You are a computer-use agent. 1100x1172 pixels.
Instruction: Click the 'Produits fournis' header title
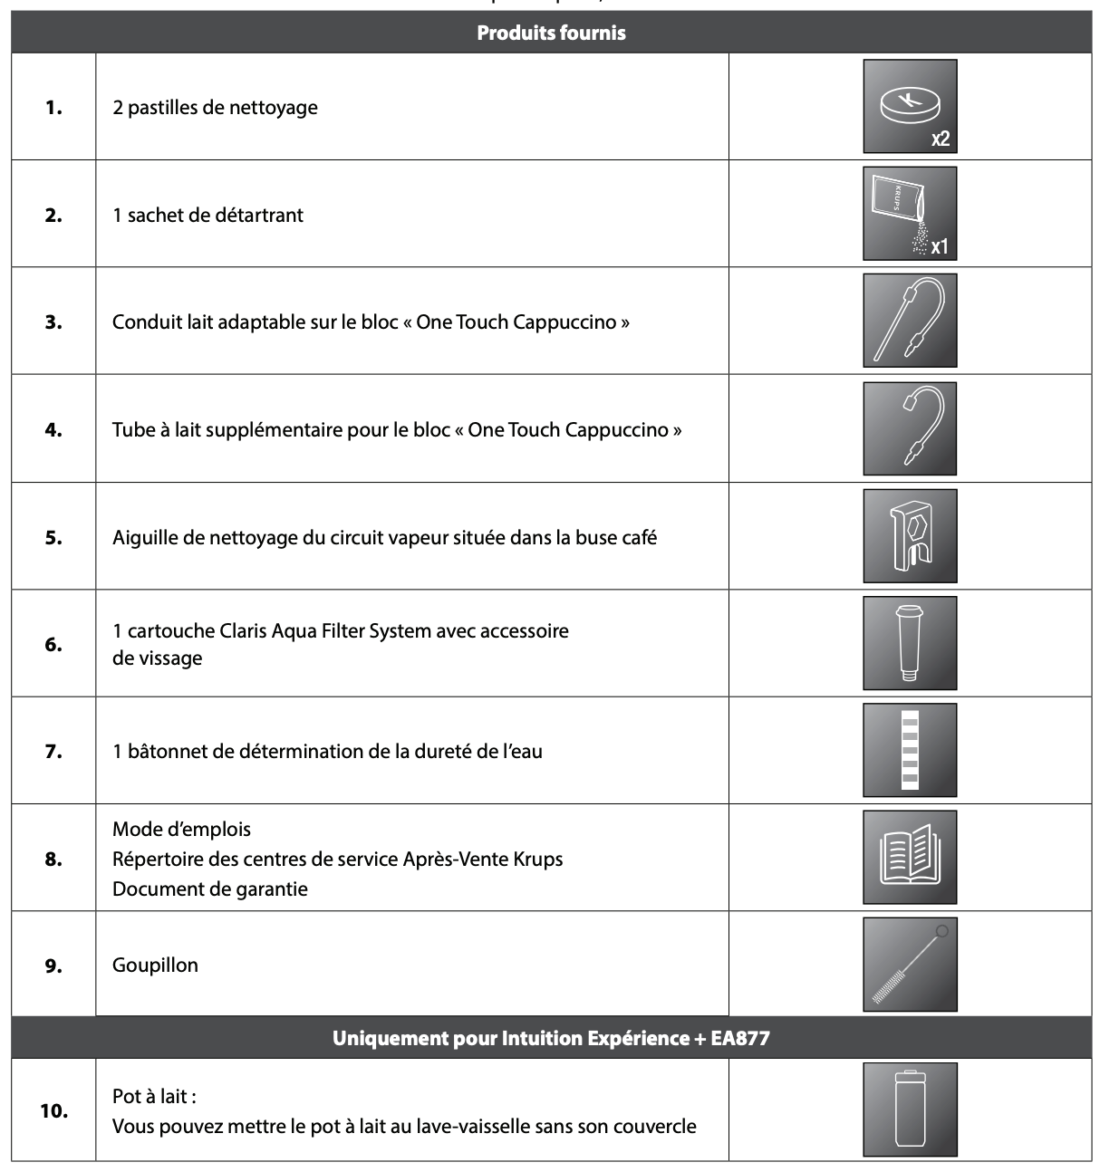coord(551,34)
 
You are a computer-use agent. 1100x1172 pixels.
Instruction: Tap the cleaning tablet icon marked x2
coord(910,106)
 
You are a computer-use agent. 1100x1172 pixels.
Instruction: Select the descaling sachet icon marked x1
coord(910,214)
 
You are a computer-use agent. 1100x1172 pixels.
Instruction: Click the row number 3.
coord(53,322)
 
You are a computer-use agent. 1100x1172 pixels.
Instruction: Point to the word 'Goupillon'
coord(155,965)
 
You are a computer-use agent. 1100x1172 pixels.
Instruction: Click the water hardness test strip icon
coord(910,750)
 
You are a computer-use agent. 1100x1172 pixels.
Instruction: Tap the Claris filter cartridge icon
coord(910,643)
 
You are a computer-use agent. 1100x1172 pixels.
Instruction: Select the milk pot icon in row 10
coord(910,1110)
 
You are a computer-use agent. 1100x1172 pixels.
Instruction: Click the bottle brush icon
coord(910,965)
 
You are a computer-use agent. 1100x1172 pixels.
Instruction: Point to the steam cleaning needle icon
coord(910,536)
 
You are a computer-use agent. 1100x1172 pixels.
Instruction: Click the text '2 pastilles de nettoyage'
coord(215,107)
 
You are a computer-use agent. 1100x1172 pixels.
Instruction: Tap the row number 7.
coord(53,751)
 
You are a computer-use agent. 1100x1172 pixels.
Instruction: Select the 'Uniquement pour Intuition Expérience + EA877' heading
coord(551,1038)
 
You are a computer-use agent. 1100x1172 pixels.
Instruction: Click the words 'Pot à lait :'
coord(154,1096)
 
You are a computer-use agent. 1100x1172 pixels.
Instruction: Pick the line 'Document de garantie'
coord(210,889)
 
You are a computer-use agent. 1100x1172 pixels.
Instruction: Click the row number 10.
coord(53,1110)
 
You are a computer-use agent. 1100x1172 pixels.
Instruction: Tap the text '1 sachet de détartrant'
coord(207,215)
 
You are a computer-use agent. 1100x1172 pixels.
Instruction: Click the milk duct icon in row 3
coord(910,322)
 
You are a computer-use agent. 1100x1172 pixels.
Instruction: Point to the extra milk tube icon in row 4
coord(910,428)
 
